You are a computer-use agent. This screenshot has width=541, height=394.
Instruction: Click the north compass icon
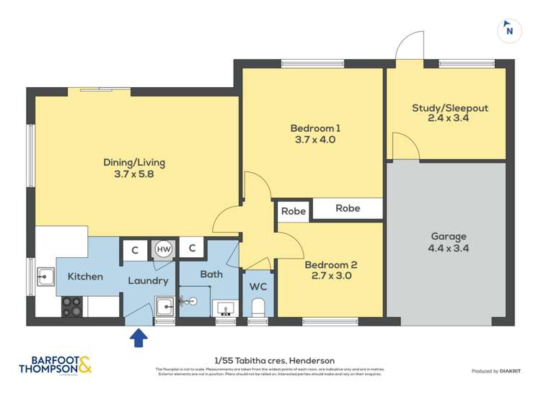(509, 30)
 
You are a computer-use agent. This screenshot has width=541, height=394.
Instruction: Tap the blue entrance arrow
(137, 337)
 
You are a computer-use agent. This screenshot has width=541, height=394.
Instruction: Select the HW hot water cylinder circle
(164, 249)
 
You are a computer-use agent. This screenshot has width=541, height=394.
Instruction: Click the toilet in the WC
(258, 309)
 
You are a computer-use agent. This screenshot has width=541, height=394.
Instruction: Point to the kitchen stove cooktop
(71, 306)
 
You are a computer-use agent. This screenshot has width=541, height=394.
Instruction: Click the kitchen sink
(46, 276)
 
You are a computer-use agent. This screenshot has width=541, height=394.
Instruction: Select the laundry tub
(165, 306)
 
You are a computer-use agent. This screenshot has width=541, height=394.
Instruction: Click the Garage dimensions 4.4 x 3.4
(449, 248)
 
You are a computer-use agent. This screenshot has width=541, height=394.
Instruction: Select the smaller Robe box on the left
(293, 211)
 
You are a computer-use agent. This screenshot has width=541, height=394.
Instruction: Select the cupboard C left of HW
(134, 249)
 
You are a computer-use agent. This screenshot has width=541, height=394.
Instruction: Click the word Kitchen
(85, 277)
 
